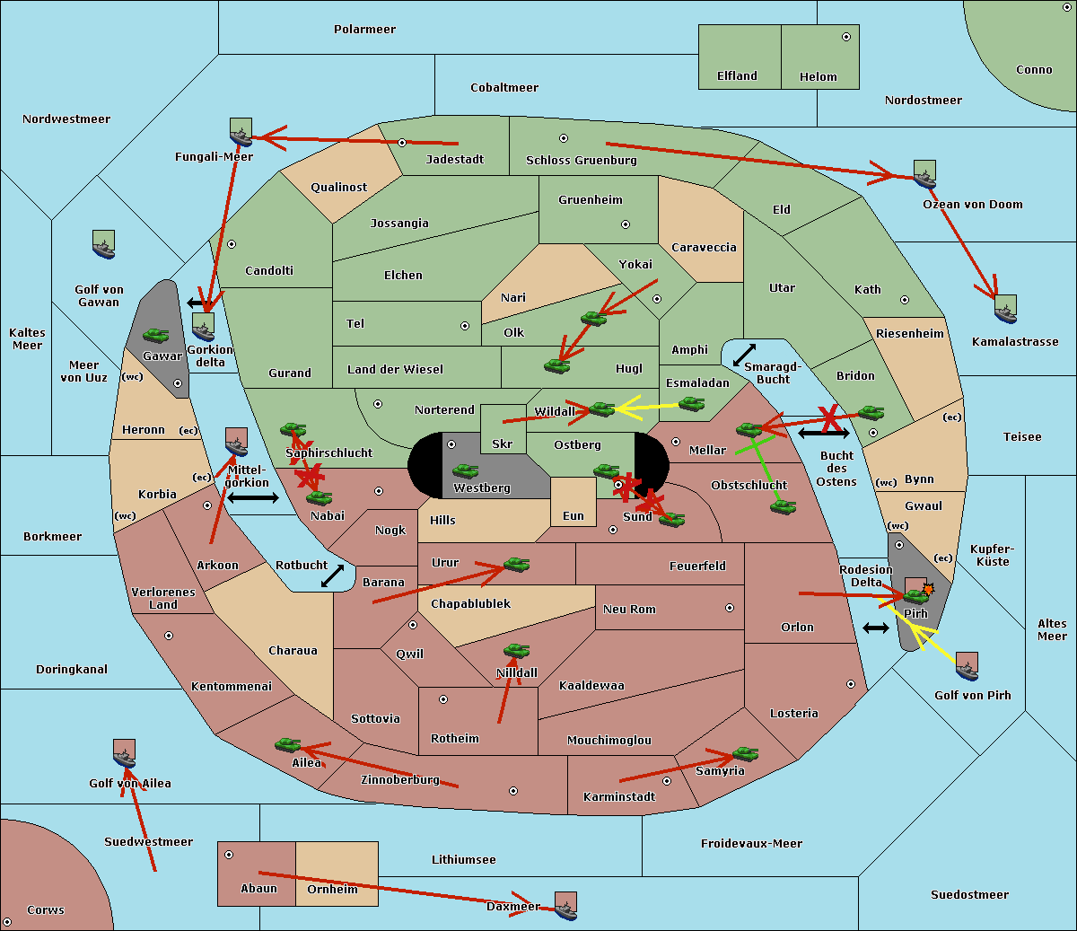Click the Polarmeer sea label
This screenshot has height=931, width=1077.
tap(364, 30)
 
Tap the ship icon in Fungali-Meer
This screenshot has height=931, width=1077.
tap(241, 132)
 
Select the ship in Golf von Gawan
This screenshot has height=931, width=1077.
tap(104, 244)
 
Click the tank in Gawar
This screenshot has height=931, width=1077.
tap(156, 335)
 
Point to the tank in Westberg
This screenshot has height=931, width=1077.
tap(465, 470)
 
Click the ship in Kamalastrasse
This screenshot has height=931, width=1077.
tap(1005, 309)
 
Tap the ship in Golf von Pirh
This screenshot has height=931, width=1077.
tap(968, 666)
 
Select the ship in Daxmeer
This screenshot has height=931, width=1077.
tap(565, 906)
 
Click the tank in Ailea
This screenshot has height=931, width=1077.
tap(287, 745)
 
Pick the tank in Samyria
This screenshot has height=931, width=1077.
tap(746, 754)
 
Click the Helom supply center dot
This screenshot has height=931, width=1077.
tap(846, 37)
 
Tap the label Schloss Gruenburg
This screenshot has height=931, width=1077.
tap(582, 160)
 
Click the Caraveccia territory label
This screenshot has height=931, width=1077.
tap(704, 247)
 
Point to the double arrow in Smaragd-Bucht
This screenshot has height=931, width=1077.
tap(744, 355)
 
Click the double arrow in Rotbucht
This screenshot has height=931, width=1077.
tap(332, 575)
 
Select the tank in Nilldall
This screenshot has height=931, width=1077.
tap(516, 651)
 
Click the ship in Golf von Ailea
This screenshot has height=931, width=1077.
tap(125, 753)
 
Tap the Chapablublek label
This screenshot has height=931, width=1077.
tap(470, 603)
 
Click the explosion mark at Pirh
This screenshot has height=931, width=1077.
tap(928, 589)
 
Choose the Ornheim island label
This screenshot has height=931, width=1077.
tap(332, 889)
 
